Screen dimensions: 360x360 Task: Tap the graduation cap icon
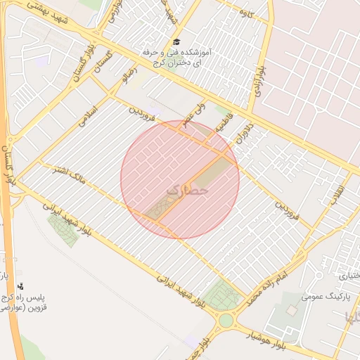(176, 43)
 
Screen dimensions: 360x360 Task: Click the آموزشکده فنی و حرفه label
(174, 53)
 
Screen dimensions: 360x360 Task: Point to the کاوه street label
(246, 13)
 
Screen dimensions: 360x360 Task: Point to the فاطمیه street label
(224, 127)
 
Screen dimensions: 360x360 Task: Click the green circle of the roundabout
(226, 321)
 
